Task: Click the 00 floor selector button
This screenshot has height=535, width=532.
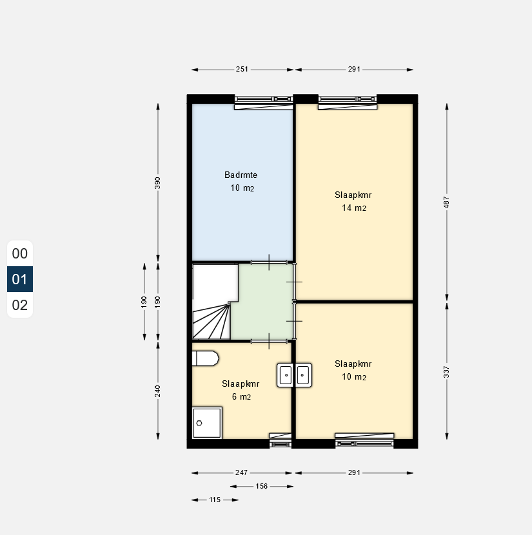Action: click(20, 253)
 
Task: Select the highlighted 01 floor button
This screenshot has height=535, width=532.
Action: click(20, 279)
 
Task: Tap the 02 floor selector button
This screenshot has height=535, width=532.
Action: click(20, 305)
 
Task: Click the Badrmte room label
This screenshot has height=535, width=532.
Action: click(241, 175)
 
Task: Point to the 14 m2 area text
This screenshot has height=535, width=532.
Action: click(354, 208)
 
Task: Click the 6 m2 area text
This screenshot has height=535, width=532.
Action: click(241, 397)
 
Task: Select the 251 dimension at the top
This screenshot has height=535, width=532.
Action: click(242, 69)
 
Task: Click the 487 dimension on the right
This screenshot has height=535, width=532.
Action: click(446, 202)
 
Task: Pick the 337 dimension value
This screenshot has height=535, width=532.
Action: click(446, 372)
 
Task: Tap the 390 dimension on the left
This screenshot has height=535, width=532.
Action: click(157, 183)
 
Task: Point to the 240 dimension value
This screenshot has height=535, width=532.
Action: click(157, 391)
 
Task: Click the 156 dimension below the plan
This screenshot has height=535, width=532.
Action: click(262, 486)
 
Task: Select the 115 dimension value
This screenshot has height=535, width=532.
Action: click(215, 500)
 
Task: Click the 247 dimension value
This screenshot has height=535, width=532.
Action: click(241, 472)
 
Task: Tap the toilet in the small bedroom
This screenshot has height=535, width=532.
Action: click(205, 358)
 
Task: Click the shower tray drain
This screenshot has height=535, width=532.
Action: click(199, 423)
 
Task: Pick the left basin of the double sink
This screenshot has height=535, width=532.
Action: click(286, 375)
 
